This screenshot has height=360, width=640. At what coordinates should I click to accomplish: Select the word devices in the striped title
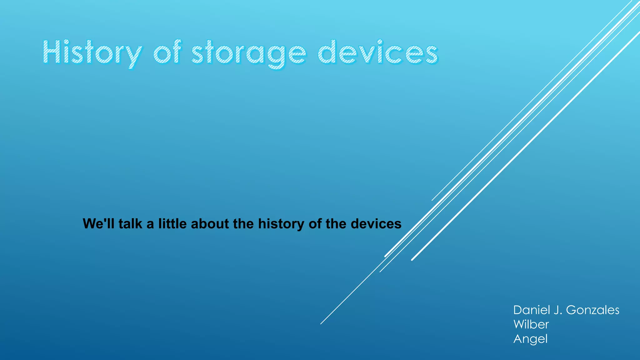pyautogui.click(x=378, y=52)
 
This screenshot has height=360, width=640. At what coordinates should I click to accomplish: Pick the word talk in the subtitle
pyautogui.click(x=130, y=224)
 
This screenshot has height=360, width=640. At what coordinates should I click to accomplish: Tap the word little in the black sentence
pyautogui.click(x=172, y=224)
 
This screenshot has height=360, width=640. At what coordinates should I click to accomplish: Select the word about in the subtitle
pyautogui.click(x=210, y=224)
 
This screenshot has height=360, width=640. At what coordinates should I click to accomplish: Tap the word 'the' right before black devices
pyautogui.click(x=336, y=224)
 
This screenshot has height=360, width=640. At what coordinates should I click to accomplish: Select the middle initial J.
pyautogui.click(x=558, y=310)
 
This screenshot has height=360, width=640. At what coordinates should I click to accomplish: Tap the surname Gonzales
pyautogui.click(x=592, y=310)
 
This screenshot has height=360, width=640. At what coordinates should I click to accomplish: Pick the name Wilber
pyautogui.click(x=531, y=324)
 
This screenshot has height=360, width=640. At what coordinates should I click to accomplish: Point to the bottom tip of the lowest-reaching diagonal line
pyautogui.click(x=321, y=323)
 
